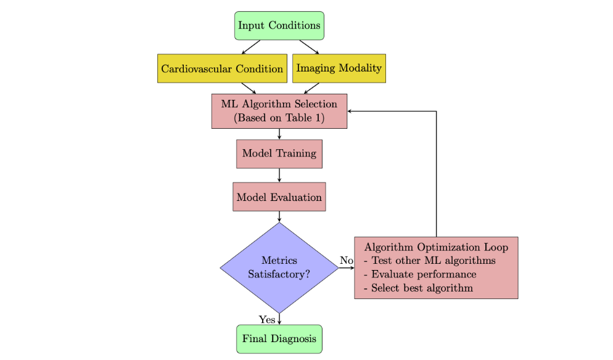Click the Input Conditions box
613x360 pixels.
point(279,26)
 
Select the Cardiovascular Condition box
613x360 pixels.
point(222,68)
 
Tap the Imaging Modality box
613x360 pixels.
point(339,68)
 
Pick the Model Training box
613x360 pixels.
point(279,153)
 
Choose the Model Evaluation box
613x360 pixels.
point(279,198)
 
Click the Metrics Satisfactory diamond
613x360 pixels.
point(279,268)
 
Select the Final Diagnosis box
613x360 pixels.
point(279,339)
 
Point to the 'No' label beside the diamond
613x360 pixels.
point(347,261)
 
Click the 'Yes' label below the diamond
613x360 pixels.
point(267,319)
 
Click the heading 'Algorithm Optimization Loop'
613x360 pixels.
point(436,247)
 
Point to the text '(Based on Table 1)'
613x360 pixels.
point(279,118)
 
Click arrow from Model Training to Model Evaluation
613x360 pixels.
point(279,175)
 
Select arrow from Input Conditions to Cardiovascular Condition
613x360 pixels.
point(251,47)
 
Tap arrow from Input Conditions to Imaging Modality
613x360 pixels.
point(310,47)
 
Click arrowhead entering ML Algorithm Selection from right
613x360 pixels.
point(351,112)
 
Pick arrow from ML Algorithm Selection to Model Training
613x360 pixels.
point(279,134)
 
